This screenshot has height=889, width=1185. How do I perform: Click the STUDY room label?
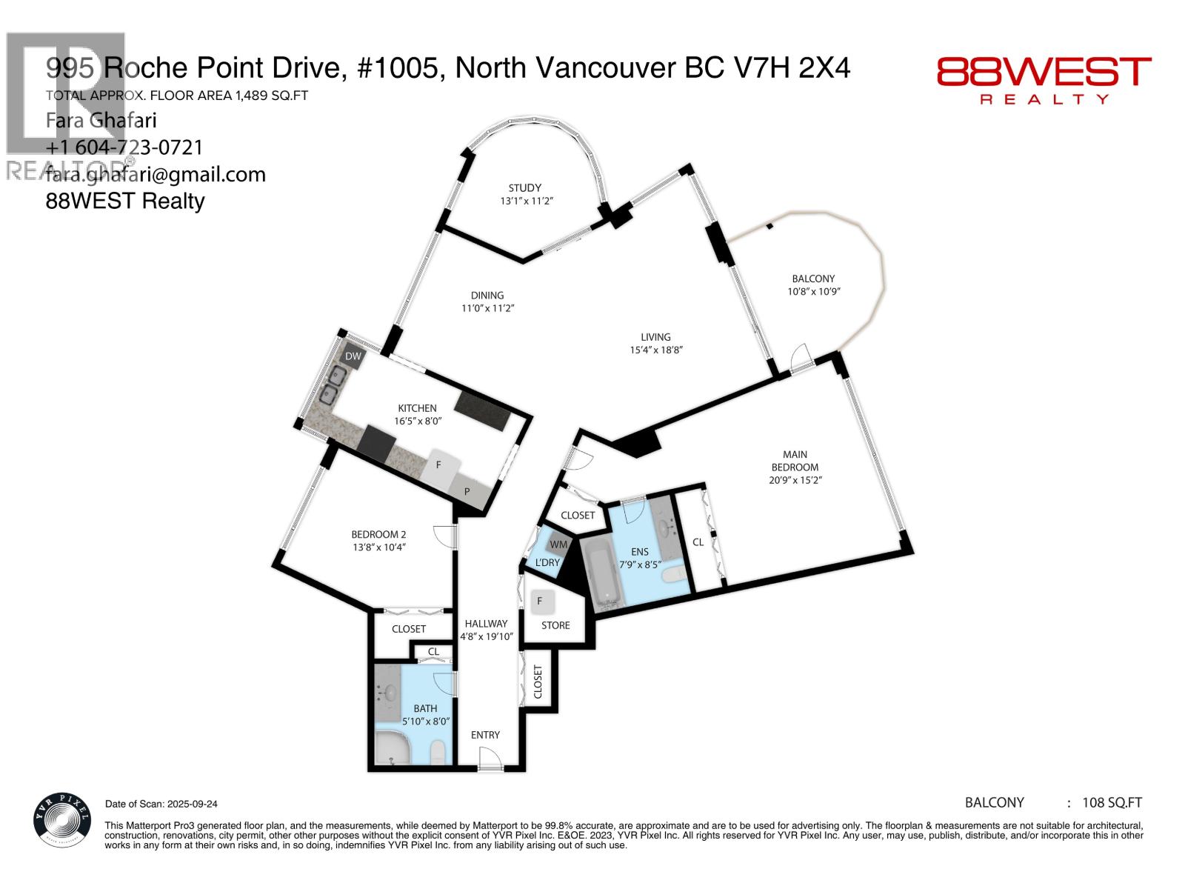pyautogui.click(x=524, y=187)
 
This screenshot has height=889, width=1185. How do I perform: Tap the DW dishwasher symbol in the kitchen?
pyautogui.click(x=353, y=356)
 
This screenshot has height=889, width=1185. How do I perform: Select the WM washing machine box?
pyautogui.click(x=558, y=545)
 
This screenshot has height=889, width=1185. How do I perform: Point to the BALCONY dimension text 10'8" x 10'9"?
pyautogui.click(x=813, y=291)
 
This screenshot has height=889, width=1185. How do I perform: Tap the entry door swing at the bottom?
pyautogui.click(x=488, y=759)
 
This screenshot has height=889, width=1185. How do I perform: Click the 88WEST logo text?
pyautogui.click(x=1044, y=73)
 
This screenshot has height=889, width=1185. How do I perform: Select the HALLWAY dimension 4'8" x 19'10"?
pyautogui.click(x=486, y=636)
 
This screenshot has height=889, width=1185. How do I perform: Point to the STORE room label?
pyautogui.click(x=555, y=625)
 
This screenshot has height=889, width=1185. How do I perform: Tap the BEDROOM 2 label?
pyautogui.click(x=378, y=534)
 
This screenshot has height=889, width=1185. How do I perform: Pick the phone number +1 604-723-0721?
pyautogui.click(x=124, y=147)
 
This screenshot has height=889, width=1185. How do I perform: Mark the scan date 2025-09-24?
pyautogui.click(x=188, y=804)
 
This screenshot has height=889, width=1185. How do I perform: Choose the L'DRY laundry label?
pyautogui.click(x=547, y=562)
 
